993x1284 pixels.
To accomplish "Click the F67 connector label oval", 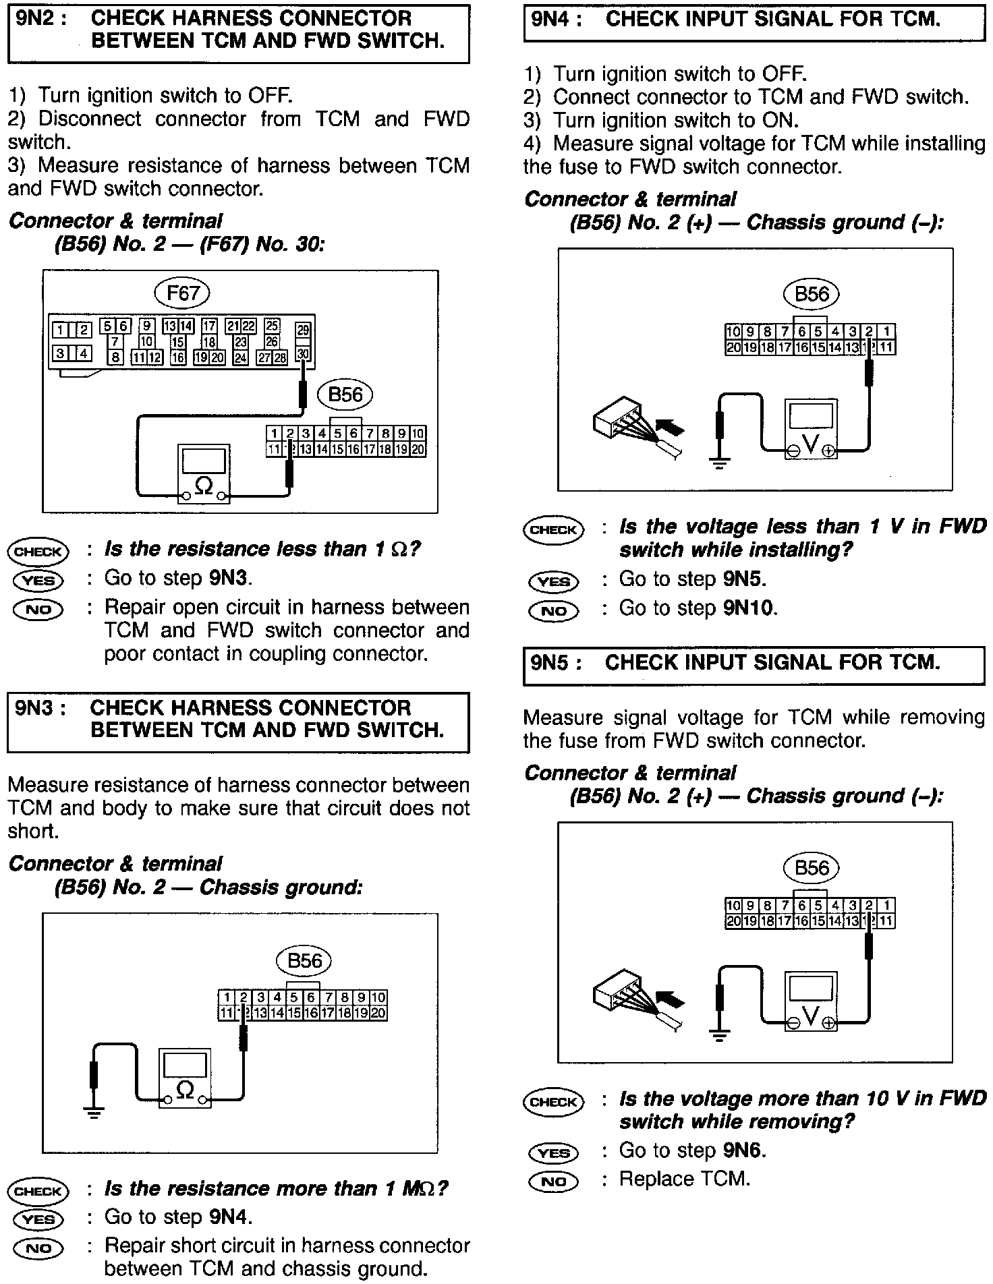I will click(x=183, y=293).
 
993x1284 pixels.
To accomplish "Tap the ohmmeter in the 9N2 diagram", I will click(x=203, y=473).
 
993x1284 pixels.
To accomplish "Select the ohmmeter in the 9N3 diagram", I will click(x=184, y=1078).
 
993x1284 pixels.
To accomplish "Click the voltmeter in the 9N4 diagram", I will click(x=811, y=429).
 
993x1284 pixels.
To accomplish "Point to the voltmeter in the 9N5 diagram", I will click(x=811, y=1001).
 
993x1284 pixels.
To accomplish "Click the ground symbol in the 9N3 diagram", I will click(x=94, y=1113).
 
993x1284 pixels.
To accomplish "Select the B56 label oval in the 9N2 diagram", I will click(x=345, y=395).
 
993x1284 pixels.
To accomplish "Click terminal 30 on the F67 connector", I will click(x=303, y=353).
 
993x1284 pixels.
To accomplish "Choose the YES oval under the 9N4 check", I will click(x=553, y=581).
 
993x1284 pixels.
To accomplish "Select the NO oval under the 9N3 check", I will click(x=38, y=1248).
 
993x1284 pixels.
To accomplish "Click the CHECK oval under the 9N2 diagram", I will click(x=38, y=552).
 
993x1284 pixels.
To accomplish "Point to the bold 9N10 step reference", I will click(x=749, y=608).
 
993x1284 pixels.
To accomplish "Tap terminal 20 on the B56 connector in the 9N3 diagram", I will click(x=378, y=1012).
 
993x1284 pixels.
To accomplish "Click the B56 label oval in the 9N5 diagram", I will click(x=812, y=868).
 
